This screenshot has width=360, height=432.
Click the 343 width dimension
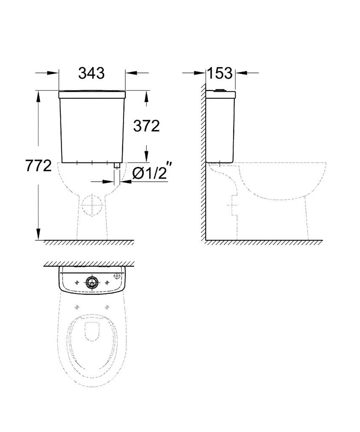tap(91, 73)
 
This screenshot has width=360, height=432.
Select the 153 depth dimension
tap(220, 73)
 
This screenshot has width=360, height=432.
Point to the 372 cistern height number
tap(146, 126)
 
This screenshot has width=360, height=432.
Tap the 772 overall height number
tap(39, 165)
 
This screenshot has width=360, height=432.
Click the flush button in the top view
tap(91, 282)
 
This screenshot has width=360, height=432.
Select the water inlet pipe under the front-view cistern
tap(117, 174)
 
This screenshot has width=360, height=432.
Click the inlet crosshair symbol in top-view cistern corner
tap(117, 276)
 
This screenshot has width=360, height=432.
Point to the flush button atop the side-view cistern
tap(220, 89)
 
